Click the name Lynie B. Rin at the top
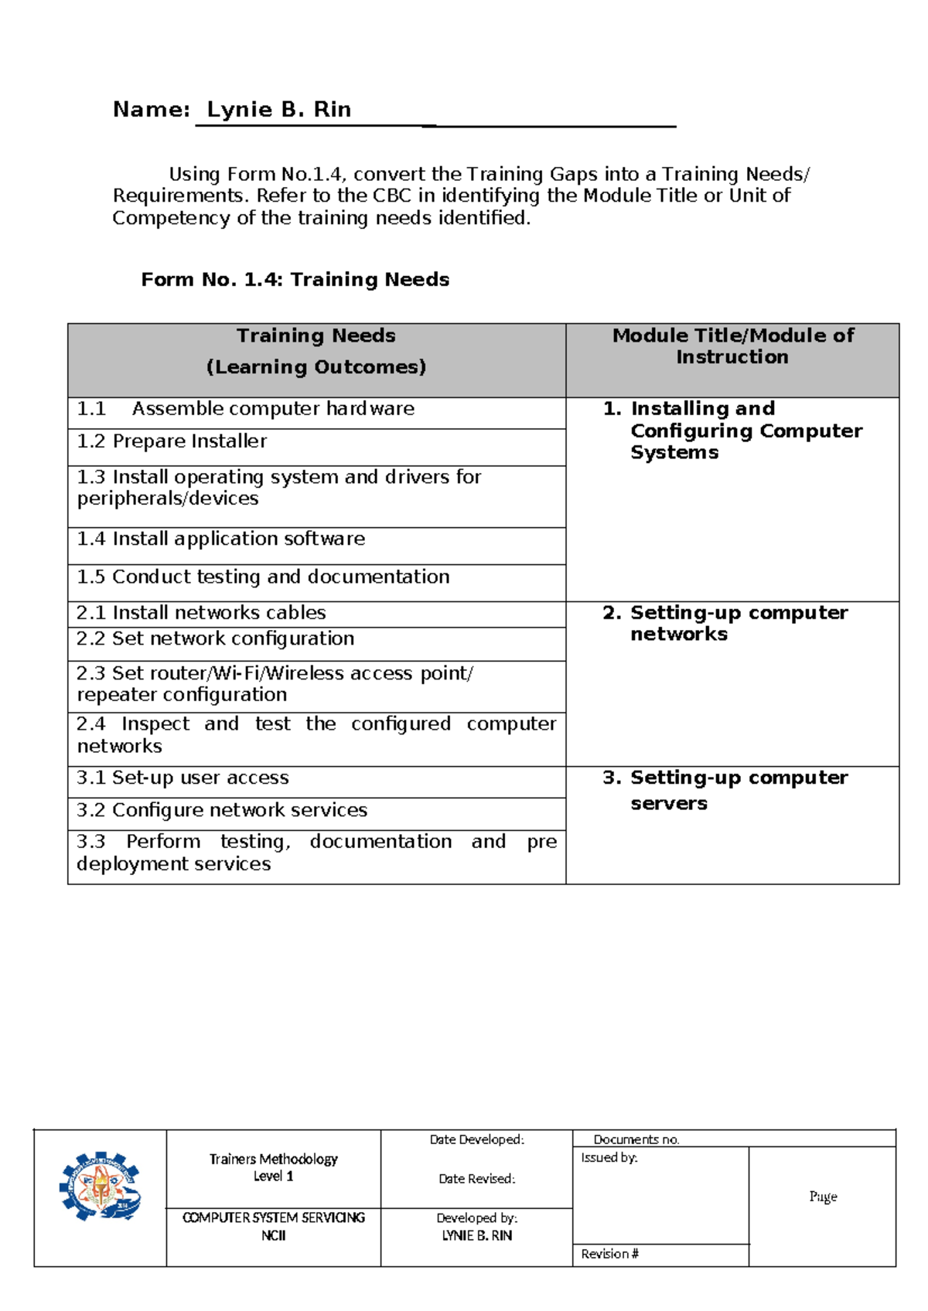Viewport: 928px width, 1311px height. [x=278, y=110]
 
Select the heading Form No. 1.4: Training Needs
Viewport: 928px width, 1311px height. [x=295, y=280]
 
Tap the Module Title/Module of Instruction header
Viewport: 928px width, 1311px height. [x=732, y=346]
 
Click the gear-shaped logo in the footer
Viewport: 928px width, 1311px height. [x=100, y=1187]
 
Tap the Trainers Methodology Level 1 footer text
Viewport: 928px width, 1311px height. [x=273, y=1167]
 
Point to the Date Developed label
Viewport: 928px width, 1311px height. [x=476, y=1139]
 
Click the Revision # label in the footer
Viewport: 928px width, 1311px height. [x=609, y=1254]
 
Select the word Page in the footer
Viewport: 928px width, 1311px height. [x=823, y=1197]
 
